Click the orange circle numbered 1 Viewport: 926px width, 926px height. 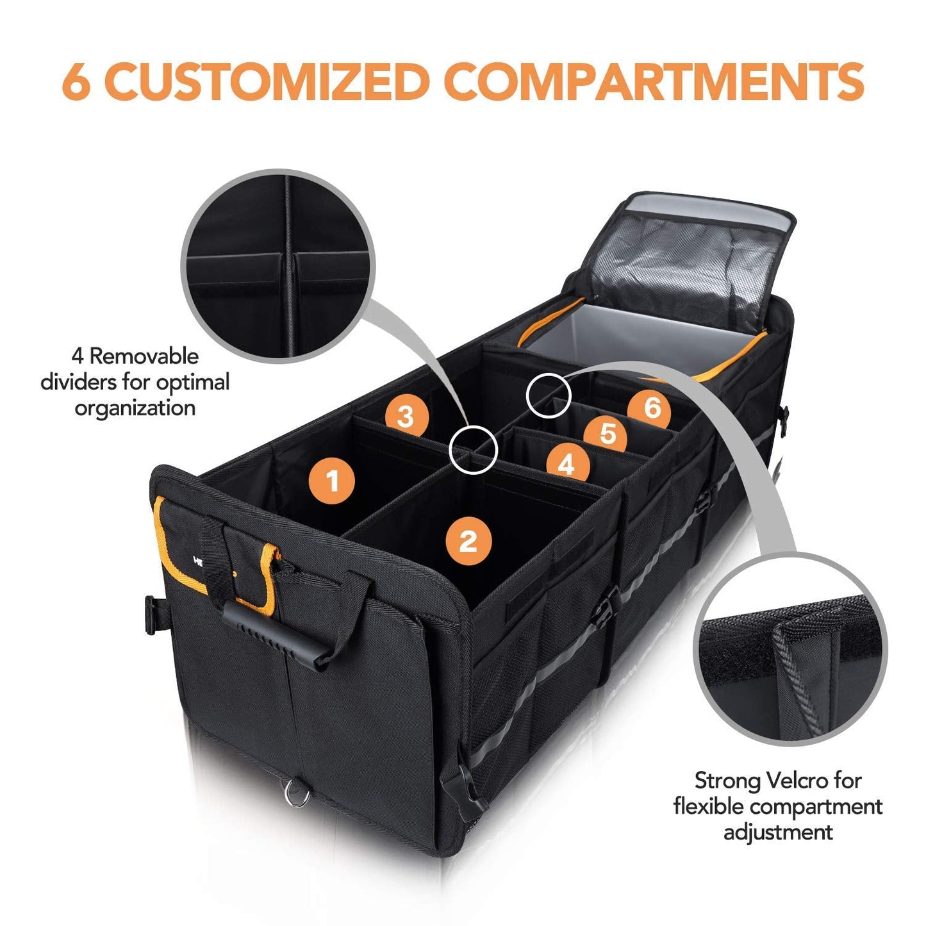(x=332, y=480)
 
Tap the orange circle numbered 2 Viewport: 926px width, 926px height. (x=468, y=541)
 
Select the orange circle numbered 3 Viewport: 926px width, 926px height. (x=405, y=417)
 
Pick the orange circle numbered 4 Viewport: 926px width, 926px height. (x=566, y=463)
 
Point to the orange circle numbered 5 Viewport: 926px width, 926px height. (x=608, y=434)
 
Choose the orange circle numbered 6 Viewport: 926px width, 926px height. (x=652, y=407)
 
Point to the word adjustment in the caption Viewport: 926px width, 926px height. (x=778, y=832)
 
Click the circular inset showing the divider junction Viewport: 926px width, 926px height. (x=277, y=267)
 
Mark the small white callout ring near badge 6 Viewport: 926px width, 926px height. (x=548, y=393)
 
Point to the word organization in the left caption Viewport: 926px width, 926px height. (x=135, y=408)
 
